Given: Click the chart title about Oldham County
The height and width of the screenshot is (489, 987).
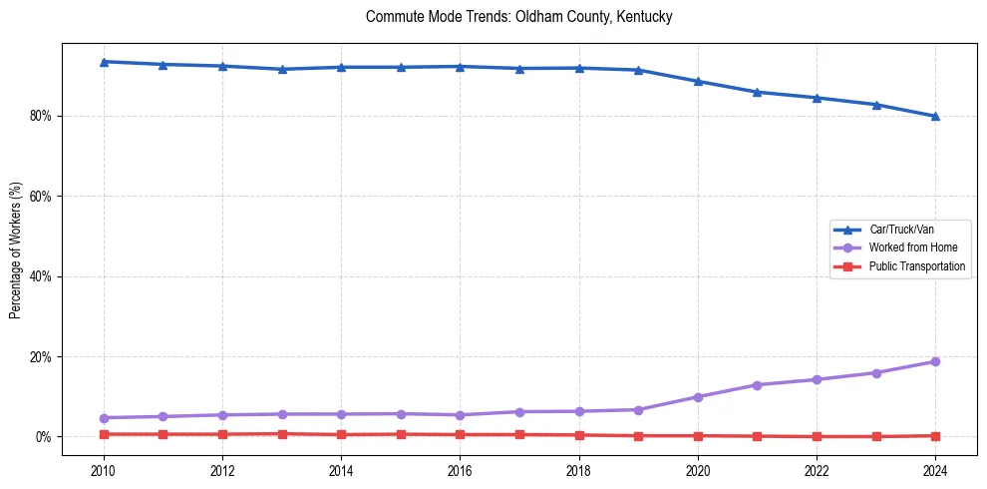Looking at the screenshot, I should [x=518, y=17].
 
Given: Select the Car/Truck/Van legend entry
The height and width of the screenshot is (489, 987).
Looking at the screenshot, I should [x=901, y=230].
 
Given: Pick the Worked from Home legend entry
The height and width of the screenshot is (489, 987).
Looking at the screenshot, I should [x=908, y=247].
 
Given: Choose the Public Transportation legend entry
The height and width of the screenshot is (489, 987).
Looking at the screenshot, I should [x=916, y=266].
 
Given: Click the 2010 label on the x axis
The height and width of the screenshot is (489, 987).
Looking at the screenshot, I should [x=103, y=469].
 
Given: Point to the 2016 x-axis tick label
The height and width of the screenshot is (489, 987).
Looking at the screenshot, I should [x=460, y=469].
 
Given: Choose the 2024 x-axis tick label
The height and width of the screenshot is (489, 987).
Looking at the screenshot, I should [x=935, y=469].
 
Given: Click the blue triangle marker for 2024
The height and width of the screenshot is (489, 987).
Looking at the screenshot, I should [x=935, y=116].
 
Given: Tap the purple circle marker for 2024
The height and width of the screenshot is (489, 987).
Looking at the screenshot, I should [x=935, y=361].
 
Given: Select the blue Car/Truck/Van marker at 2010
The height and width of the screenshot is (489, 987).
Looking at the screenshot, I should [x=103, y=62].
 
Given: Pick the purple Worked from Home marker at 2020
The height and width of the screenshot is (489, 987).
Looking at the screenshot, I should [x=698, y=397].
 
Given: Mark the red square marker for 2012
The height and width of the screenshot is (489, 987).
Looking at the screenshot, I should [x=222, y=434].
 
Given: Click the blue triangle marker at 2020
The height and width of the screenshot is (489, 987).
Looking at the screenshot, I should [x=698, y=82].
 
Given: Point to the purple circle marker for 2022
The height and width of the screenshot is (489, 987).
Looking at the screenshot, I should [x=817, y=379].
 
